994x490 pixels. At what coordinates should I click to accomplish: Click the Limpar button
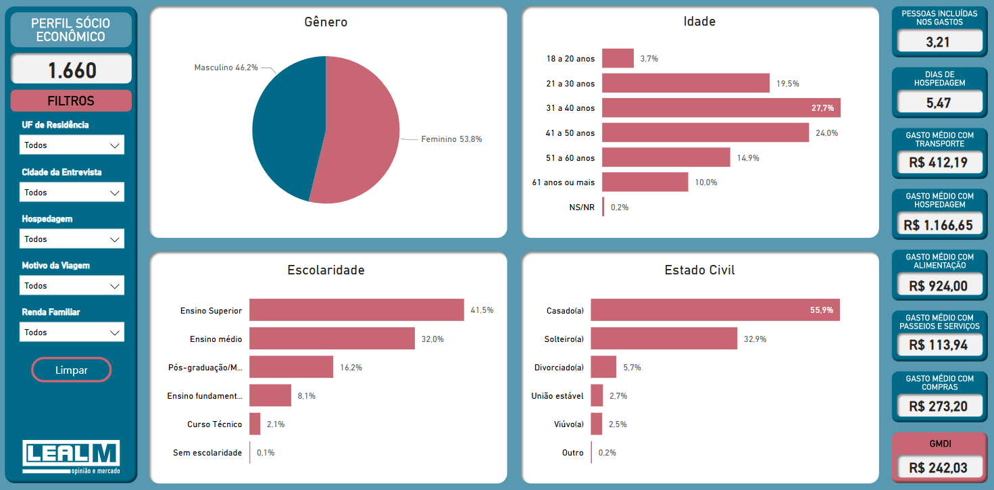71,370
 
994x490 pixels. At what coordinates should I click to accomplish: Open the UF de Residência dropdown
72,145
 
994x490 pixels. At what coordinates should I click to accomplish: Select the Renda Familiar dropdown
72,332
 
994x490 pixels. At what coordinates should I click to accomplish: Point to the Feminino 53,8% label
451,139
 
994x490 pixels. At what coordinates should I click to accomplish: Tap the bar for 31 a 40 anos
721,108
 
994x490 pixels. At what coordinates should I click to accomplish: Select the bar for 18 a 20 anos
618,59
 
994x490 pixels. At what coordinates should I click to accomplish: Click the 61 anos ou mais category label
563,182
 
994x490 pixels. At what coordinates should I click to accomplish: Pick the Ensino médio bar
332,339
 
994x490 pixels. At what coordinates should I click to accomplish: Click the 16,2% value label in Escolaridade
351,368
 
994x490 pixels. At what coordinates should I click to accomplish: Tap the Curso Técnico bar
255,424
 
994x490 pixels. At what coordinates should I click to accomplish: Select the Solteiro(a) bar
664,339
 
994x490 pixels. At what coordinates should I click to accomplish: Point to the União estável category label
557,396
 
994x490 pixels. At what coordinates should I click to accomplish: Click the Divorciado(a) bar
603,367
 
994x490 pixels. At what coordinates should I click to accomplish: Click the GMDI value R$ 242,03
938,468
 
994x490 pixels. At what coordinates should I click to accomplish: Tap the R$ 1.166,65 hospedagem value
938,226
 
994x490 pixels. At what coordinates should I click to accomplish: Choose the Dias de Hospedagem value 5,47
938,103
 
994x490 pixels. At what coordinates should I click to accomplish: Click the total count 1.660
72,70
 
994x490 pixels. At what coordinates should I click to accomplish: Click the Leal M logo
71,457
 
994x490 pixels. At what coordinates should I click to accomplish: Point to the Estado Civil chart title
699,270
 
